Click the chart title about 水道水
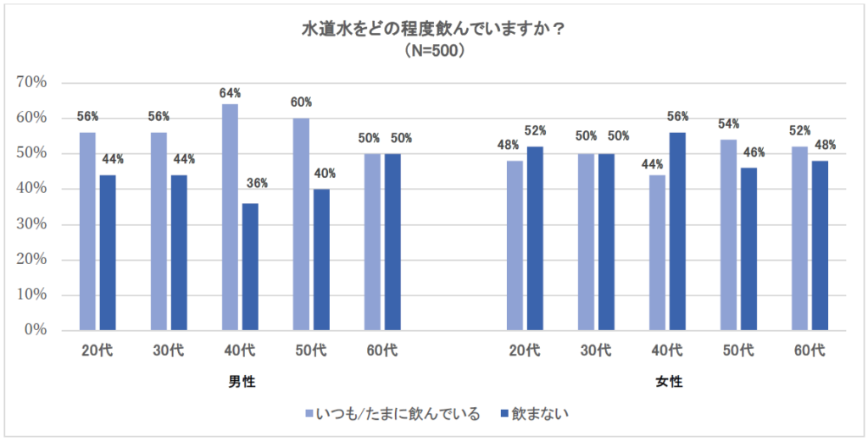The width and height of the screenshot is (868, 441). pos(434,30)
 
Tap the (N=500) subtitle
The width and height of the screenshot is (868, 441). pos(434,50)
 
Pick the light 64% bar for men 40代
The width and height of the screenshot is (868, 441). pos(230,217)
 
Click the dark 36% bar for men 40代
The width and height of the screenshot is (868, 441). pos(250,266)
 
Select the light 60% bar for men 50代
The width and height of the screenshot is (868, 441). pos(301,223)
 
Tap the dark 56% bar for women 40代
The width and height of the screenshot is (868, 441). pos(677,231)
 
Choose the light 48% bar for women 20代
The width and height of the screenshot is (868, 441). pos(515,245)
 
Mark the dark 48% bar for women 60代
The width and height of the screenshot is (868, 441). pos(820,245)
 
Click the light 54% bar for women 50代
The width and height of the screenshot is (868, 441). pos(728,234)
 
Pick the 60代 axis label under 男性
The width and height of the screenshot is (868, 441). pos(382,351)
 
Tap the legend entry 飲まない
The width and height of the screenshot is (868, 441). pos(542,414)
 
